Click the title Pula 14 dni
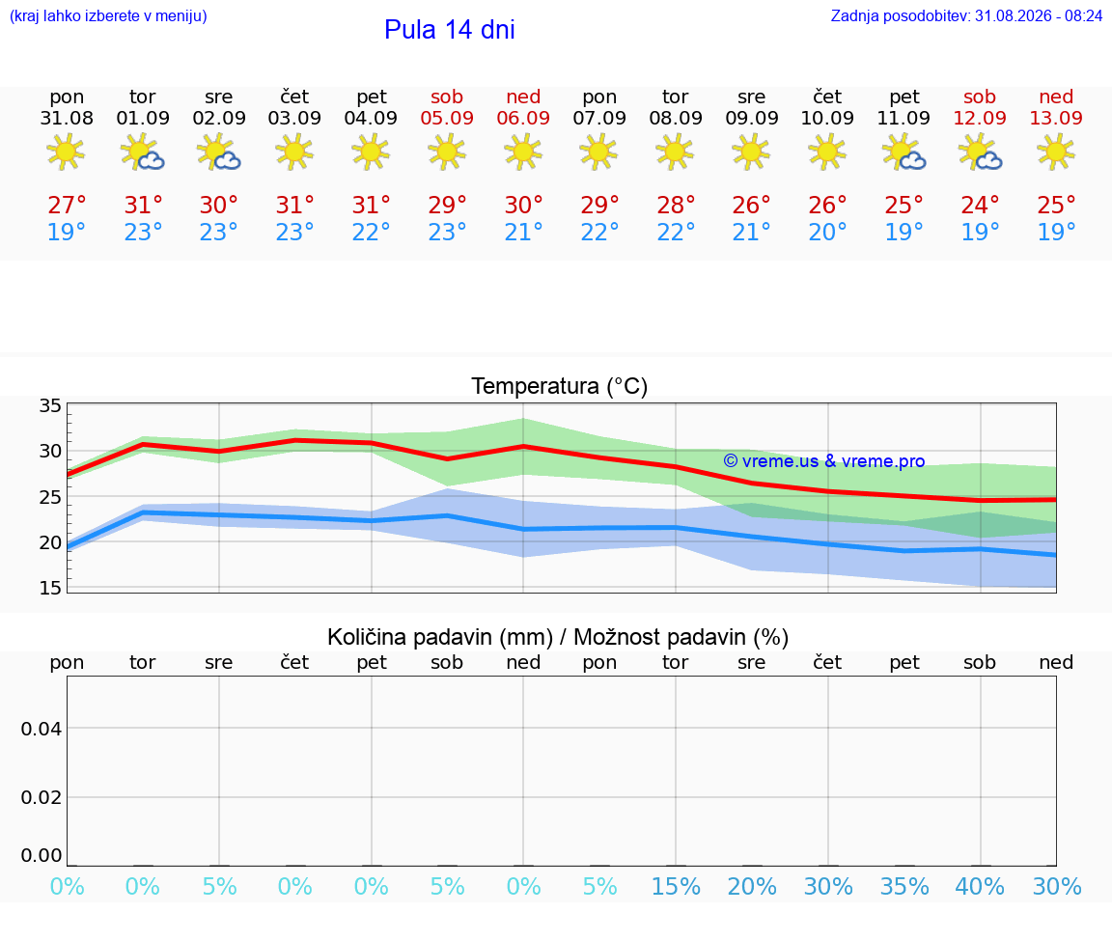(450, 30)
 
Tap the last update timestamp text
(966, 15)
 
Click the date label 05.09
(447, 118)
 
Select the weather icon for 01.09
(143, 152)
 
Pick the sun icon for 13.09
(1056, 152)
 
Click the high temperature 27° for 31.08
(67, 205)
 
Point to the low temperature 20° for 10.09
(827, 232)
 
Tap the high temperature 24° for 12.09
(980, 205)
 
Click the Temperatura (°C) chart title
(560, 386)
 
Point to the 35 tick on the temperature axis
(50, 405)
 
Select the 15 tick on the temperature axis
(50, 587)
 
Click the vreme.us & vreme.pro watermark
(824, 461)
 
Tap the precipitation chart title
(558, 637)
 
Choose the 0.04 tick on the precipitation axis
(42, 729)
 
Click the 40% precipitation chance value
(980, 886)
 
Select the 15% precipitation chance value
(676, 886)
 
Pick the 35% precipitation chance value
(904, 886)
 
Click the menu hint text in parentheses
(108, 15)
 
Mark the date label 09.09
(752, 118)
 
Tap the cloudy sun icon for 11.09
(904, 152)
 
